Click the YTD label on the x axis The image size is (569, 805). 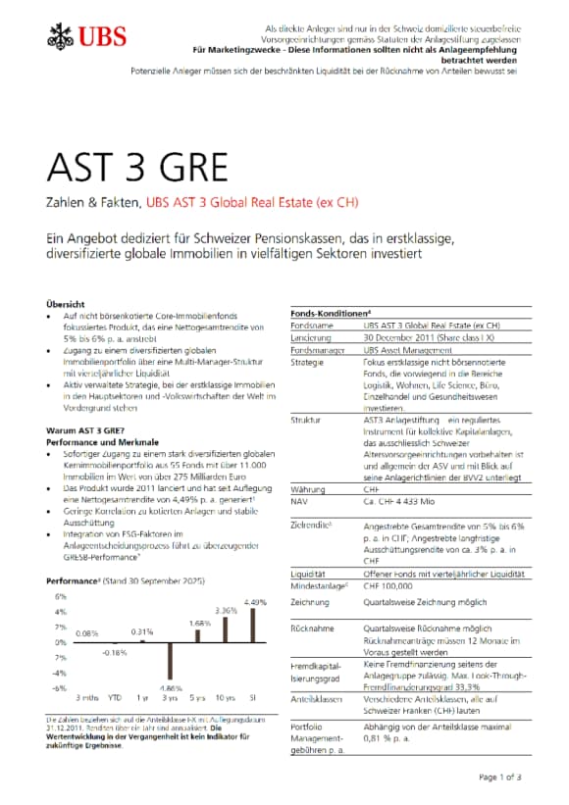click(114, 697)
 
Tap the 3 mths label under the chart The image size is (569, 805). click(87, 697)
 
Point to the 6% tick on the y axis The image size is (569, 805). click(60, 596)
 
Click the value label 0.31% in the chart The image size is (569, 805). click(143, 631)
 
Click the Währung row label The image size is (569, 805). click(309, 487)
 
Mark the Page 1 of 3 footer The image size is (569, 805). click(503, 778)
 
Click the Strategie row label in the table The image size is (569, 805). click(309, 362)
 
